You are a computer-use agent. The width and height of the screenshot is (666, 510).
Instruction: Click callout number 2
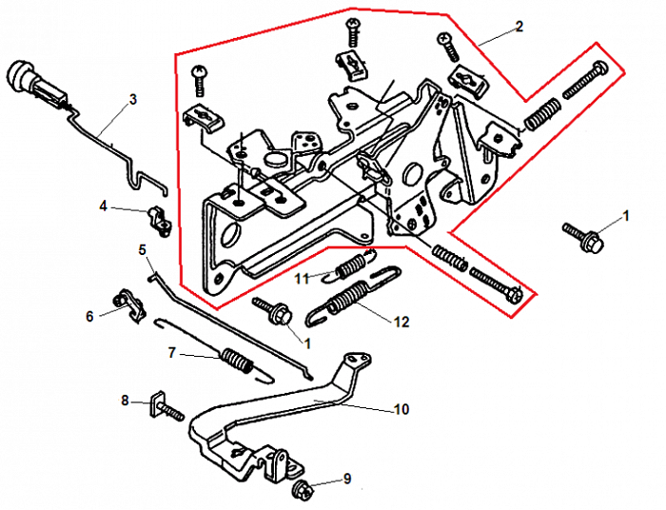click(519, 27)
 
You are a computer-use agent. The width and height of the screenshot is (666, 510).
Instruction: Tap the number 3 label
click(132, 98)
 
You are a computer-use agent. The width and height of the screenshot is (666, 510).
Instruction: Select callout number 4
click(104, 206)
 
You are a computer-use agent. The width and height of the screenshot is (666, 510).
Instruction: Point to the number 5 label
click(143, 250)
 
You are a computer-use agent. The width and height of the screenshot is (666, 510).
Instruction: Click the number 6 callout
click(91, 316)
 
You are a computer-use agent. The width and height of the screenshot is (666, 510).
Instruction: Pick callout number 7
click(172, 353)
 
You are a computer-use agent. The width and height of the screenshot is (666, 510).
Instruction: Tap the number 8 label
click(125, 401)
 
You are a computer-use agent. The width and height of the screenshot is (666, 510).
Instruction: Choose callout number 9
click(347, 479)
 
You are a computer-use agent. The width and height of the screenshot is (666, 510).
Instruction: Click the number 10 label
click(401, 410)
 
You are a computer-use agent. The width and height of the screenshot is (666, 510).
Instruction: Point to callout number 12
click(401, 323)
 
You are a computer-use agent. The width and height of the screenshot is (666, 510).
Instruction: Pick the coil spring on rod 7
click(236, 362)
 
